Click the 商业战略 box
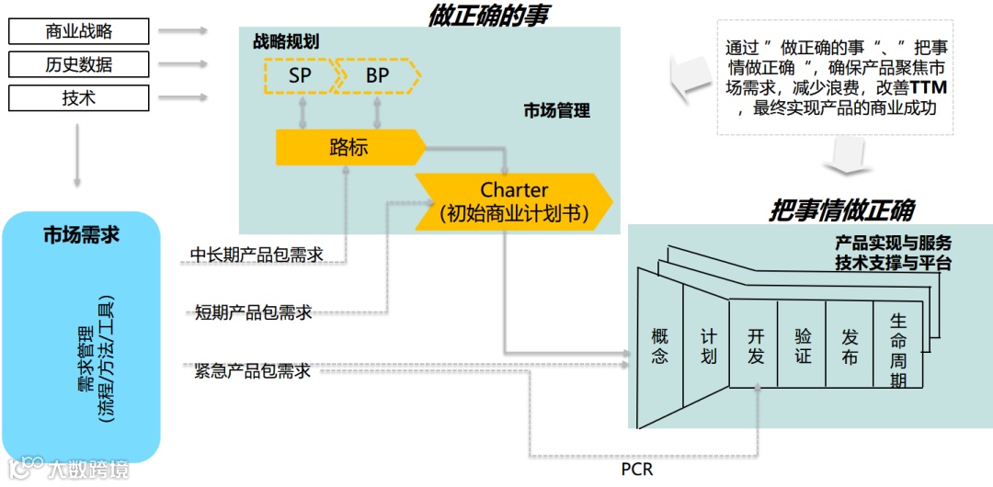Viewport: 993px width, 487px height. (x=78, y=32)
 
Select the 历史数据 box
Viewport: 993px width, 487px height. (x=78, y=64)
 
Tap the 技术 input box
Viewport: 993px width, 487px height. (x=78, y=97)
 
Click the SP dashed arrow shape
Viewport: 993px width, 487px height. (x=299, y=76)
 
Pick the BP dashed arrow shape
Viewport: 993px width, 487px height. (x=377, y=76)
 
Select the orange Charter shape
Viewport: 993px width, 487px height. (x=513, y=202)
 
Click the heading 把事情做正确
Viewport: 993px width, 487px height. (x=841, y=210)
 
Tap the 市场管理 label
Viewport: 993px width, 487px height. (x=556, y=111)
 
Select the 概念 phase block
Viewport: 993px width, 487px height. (x=659, y=346)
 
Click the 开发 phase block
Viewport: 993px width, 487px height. (x=755, y=346)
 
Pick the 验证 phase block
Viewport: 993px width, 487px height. (x=803, y=346)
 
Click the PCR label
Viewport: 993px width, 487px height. (x=636, y=470)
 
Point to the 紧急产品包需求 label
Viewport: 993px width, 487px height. (x=253, y=371)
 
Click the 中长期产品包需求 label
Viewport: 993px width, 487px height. (x=257, y=255)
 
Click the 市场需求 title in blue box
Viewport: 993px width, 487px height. (x=81, y=235)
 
